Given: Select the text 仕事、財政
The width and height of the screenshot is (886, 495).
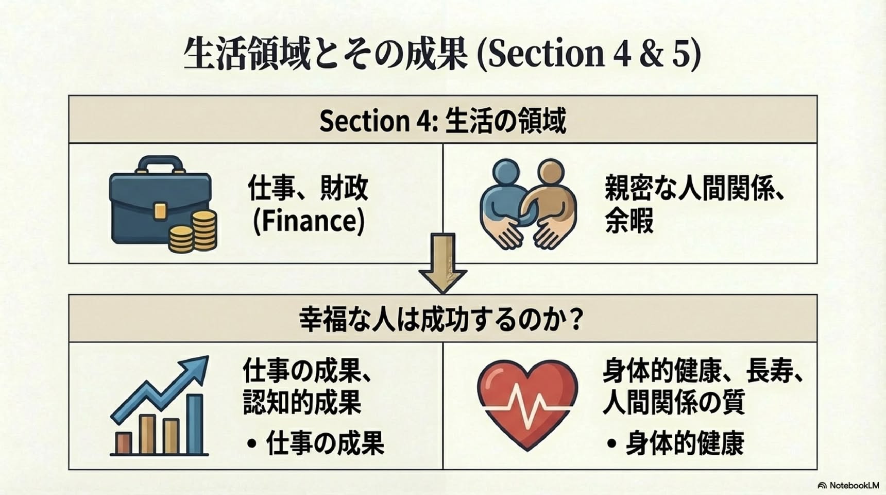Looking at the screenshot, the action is [308, 188].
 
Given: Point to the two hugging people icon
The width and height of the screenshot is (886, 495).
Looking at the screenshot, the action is [528, 203].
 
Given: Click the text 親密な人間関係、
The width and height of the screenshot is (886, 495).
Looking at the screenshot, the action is [695, 188].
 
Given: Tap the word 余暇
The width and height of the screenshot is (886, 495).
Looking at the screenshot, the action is [629, 221].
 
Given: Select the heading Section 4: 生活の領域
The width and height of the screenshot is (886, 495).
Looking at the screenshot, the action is [443, 120].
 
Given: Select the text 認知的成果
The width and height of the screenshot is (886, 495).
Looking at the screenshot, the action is [302, 403].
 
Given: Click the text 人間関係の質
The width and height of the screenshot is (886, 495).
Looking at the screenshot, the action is [674, 402].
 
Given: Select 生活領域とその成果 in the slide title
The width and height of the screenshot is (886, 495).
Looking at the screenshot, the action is [326, 54].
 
